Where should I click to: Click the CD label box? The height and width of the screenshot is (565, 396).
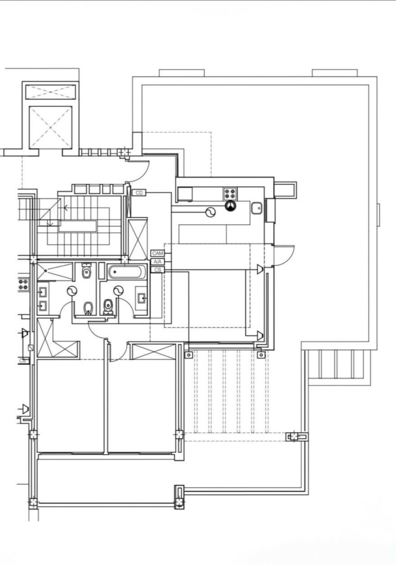click(x=139, y=193)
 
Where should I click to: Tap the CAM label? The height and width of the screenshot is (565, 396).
click(x=157, y=253)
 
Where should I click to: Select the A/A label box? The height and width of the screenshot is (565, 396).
click(x=157, y=262)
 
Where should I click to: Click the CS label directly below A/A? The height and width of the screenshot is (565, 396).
click(x=157, y=270)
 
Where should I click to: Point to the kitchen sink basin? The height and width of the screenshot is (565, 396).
click(x=257, y=208)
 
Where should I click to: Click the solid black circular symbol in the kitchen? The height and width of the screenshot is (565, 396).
click(x=230, y=206)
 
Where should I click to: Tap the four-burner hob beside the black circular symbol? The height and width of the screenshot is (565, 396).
click(x=230, y=194)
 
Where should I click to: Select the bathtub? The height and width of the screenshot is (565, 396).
click(x=127, y=272)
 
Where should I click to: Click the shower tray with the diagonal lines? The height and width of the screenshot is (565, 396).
click(x=55, y=271)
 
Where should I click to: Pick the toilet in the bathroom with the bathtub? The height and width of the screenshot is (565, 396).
click(x=108, y=307)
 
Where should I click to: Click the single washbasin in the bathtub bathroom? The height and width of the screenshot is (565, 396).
click(x=141, y=298)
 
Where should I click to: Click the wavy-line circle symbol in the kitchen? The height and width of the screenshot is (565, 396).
click(x=210, y=212)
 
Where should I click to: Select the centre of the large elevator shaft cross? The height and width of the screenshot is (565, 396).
click(x=51, y=128)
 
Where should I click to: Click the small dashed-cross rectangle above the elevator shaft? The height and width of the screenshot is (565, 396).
click(x=51, y=92)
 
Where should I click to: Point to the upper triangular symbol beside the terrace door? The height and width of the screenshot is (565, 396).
click(x=260, y=269)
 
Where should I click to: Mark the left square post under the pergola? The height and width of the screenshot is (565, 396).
click(x=189, y=355)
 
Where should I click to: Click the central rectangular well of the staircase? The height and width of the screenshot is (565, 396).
click(x=78, y=226)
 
